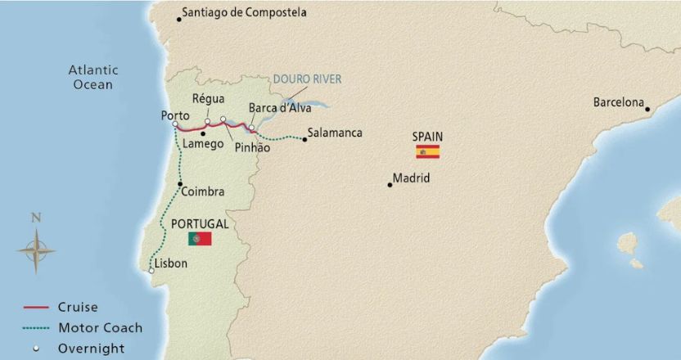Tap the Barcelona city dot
coord(647,109)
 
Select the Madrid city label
coord(411,178)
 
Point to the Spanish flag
coord(427,151)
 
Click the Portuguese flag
coord(200,238)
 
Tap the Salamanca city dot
coord(304,139)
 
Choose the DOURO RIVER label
coord(307,79)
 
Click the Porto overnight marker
coord(175,124)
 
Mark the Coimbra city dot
coord(179,184)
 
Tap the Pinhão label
coord(252,147)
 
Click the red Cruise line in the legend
coord(37,308)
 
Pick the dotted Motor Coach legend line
coord(37,328)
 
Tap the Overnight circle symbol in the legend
coord(37,349)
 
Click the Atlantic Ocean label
coord(92,77)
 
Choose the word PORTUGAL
coord(200,223)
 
